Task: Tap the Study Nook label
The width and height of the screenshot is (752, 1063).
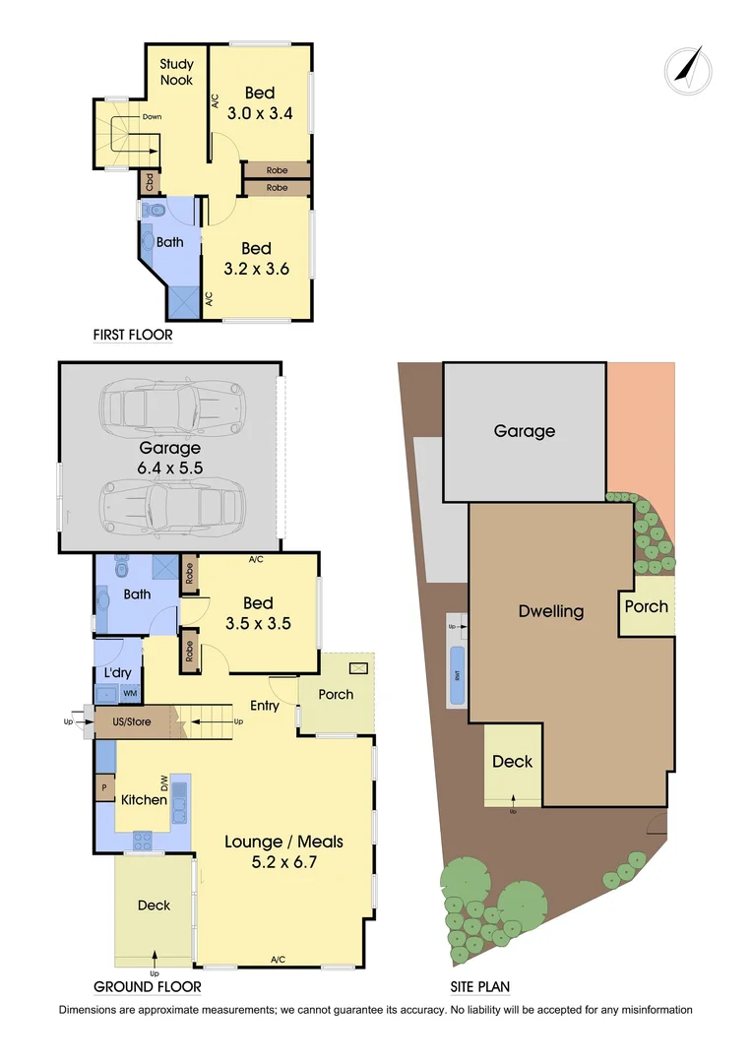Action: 177,72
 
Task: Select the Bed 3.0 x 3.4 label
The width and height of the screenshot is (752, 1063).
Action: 260,103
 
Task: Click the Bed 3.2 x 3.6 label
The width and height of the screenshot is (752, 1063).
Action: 257,259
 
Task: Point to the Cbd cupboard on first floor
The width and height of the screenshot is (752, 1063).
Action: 149,182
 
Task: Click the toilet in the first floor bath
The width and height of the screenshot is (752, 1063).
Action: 152,211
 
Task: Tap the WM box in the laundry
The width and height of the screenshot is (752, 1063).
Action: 130,694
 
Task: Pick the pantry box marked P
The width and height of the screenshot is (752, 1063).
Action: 102,788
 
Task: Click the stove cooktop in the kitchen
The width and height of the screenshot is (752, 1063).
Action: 142,840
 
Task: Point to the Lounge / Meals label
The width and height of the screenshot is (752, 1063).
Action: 283,851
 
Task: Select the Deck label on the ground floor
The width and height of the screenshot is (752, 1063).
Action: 154,906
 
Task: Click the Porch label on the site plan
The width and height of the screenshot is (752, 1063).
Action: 647,606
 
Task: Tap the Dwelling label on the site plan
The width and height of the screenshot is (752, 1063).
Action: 551,611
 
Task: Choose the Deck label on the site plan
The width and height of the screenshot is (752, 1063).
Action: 512,761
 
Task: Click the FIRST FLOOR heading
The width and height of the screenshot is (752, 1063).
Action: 133,335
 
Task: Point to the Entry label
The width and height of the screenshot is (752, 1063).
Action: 265,706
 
